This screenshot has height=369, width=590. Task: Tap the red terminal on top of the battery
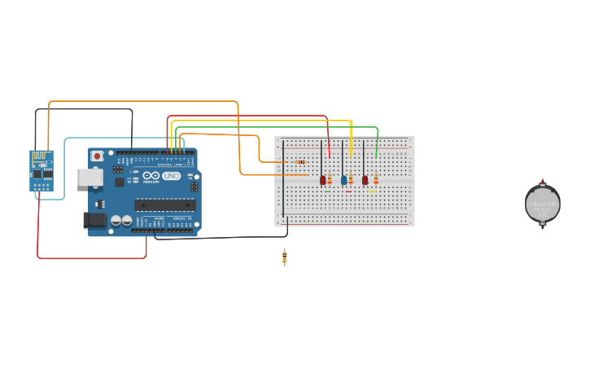pyautogui.click(x=543, y=181)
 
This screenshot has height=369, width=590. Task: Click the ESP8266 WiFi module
pyautogui.click(x=41, y=170)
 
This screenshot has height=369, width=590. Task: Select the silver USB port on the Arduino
pyautogui.click(x=89, y=177)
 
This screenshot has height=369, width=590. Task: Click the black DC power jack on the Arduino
pyautogui.click(x=94, y=220)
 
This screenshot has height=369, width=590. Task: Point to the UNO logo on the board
pyautogui.click(x=171, y=176)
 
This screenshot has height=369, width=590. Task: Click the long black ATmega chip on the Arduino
pyautogui.click(x=164, y=204)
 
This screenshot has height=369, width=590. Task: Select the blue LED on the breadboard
pyautogui.click(x=343, y=180)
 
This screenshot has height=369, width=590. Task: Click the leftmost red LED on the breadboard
pyautogui.click(x=322, y=180)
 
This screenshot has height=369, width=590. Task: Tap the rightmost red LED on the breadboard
pyautogui.click(x=365, y=180)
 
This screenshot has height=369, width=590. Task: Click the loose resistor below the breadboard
pyautogui.click(x=284, y=257)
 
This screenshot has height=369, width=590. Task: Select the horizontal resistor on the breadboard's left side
pyautogui.click(x=299, y=162)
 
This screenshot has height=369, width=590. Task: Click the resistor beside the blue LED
pyautogui.click(x=351, y=179)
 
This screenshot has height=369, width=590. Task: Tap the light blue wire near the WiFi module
pyautogui.click(x=65, y=163)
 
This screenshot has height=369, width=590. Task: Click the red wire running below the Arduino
pyautogui.click(x=90, y=258)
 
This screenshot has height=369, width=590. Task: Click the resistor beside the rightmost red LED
pyautogui.click(x=375, y=179)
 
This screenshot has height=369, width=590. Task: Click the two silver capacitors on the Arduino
pyautogui.click(x=121, y=220)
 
